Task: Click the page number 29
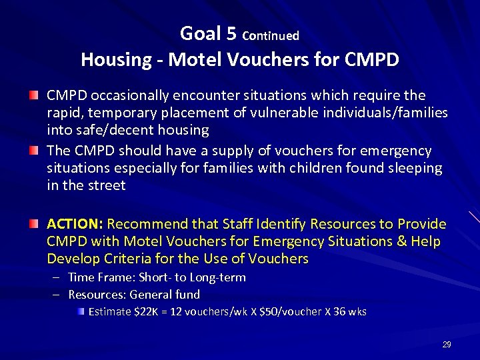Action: (x=447, y=345)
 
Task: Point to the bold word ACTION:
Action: (x=75, y=223)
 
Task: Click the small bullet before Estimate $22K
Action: (x=81, y=311)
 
